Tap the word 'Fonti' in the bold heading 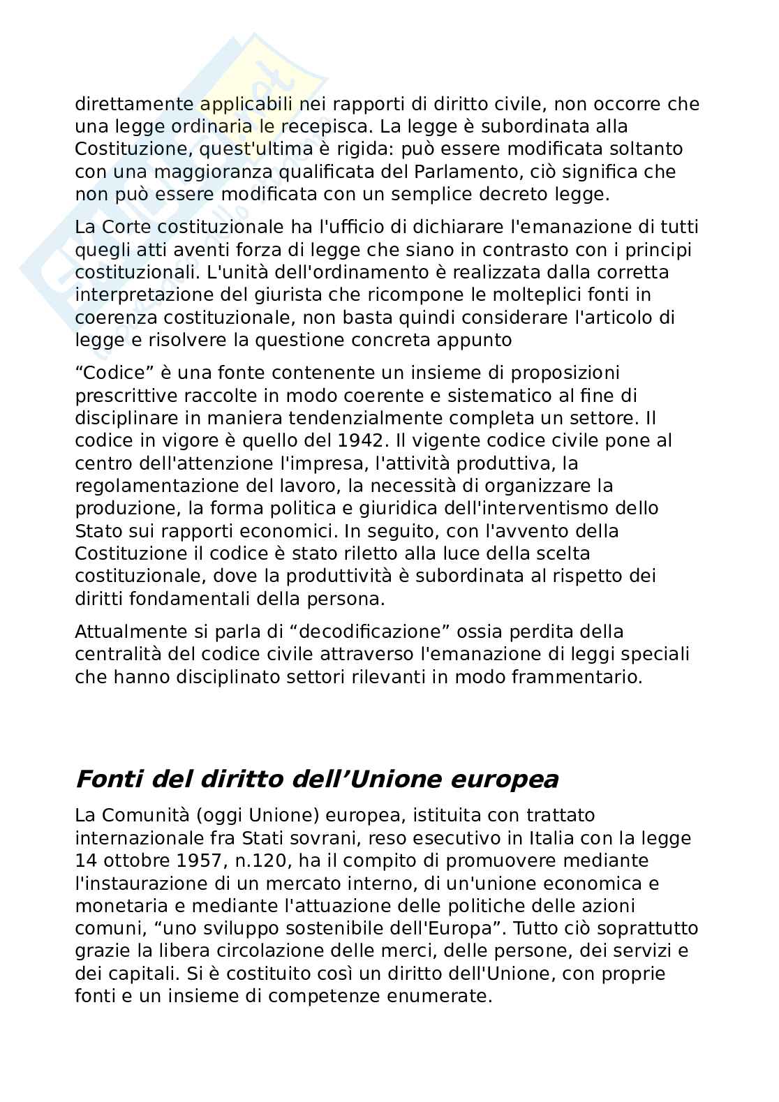pyautogui.click(x=103, y=779)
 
